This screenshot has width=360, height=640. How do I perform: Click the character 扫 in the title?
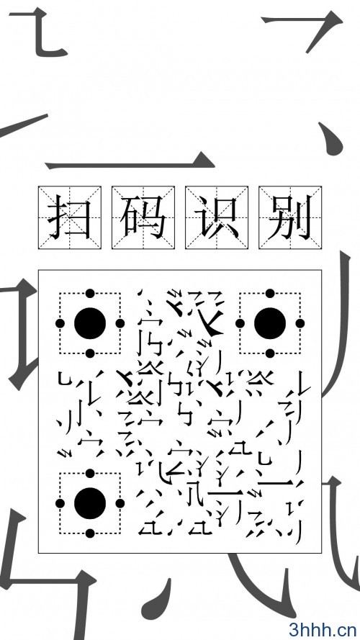pyautogui.click(x=69, y=217)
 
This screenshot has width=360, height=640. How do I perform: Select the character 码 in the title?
pyautogui.click(x=143, y=217)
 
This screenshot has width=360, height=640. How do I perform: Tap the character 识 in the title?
pyautogui.click(x=216, y=217)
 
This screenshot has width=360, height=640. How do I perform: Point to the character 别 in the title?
pyautogui.click(x=290, y=217)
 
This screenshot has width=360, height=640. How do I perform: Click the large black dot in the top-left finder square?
pyautogui.click(x=90, y=323)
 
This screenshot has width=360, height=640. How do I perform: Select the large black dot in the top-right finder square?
pyautogui.click(x=270, y=323)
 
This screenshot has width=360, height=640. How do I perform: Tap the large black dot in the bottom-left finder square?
pyautogui.click(x=90, y=503)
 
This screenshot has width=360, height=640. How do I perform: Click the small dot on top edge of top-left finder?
pyautogui.click(x=90, y=293)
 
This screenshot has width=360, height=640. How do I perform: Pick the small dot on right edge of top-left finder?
pyautogui.click(x=120, y=323)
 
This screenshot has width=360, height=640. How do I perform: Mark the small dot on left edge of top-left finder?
pyautogui.click(x=60, y=323)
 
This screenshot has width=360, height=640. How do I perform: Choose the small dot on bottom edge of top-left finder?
pyautogui.click(x=90, y=353)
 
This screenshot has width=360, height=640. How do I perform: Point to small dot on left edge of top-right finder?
pyautogui.click(x=240, y=323)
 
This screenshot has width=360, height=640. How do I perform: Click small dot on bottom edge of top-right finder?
pyautogui.click(x=270, y=353)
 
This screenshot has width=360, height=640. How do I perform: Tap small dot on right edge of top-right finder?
pyautogui.click(x=300, y=323)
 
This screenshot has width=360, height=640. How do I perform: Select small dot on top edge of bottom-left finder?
pyautogui.click(x=90, y=473)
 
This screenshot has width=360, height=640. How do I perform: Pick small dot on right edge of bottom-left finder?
pyautogui.click(x=120, y=503)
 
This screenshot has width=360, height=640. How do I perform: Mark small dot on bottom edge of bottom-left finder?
pyautogui.click(x=90, y=533)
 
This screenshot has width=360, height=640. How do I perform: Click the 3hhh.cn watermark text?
pyautogui.click(x=323, y=629)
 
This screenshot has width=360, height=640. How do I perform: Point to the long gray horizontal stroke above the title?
pyautogui.click(x=130, y=165)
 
